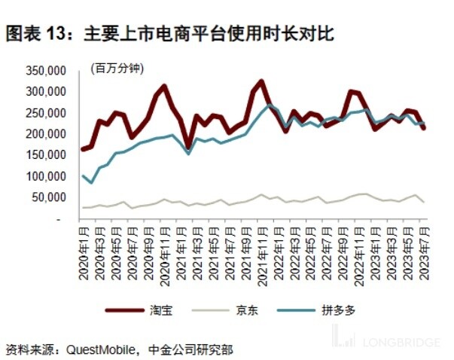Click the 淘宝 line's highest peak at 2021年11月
tap(261, 81)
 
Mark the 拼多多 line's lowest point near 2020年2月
tap(92, 182)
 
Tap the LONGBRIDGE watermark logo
tap(388, 342)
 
